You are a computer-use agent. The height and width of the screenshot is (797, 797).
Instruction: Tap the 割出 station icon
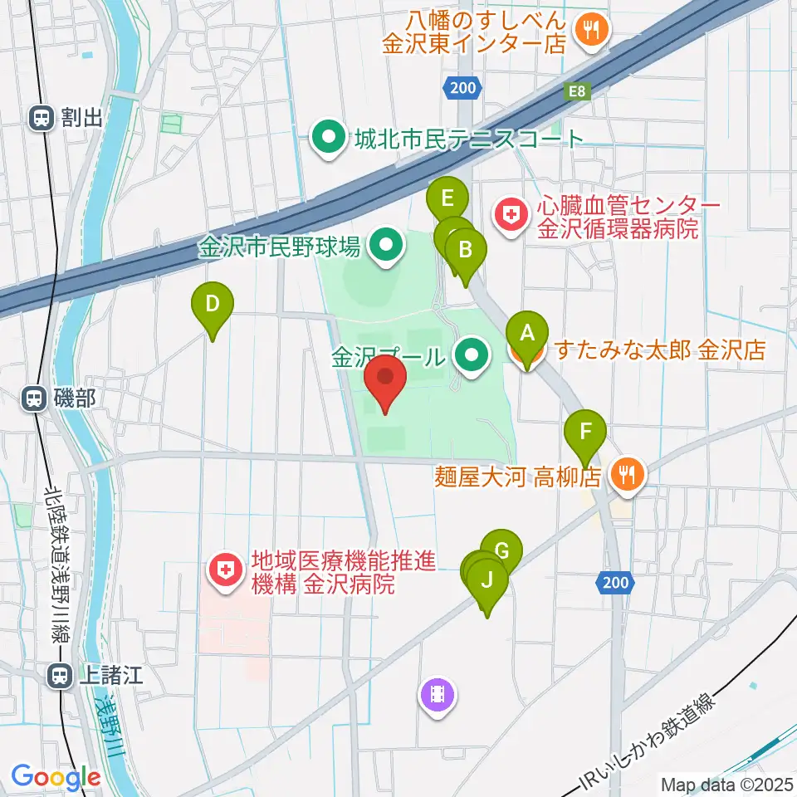(x=41, y=118)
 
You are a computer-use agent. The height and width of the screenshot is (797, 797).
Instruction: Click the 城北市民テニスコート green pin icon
(x=328, y=137)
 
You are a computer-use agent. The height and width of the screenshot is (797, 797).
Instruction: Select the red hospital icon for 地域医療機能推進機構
(x=224, y=573)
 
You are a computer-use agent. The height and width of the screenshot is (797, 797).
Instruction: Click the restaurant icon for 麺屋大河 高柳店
(x=624, y=477)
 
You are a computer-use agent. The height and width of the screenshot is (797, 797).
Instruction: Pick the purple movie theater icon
(x=438, y=694)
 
